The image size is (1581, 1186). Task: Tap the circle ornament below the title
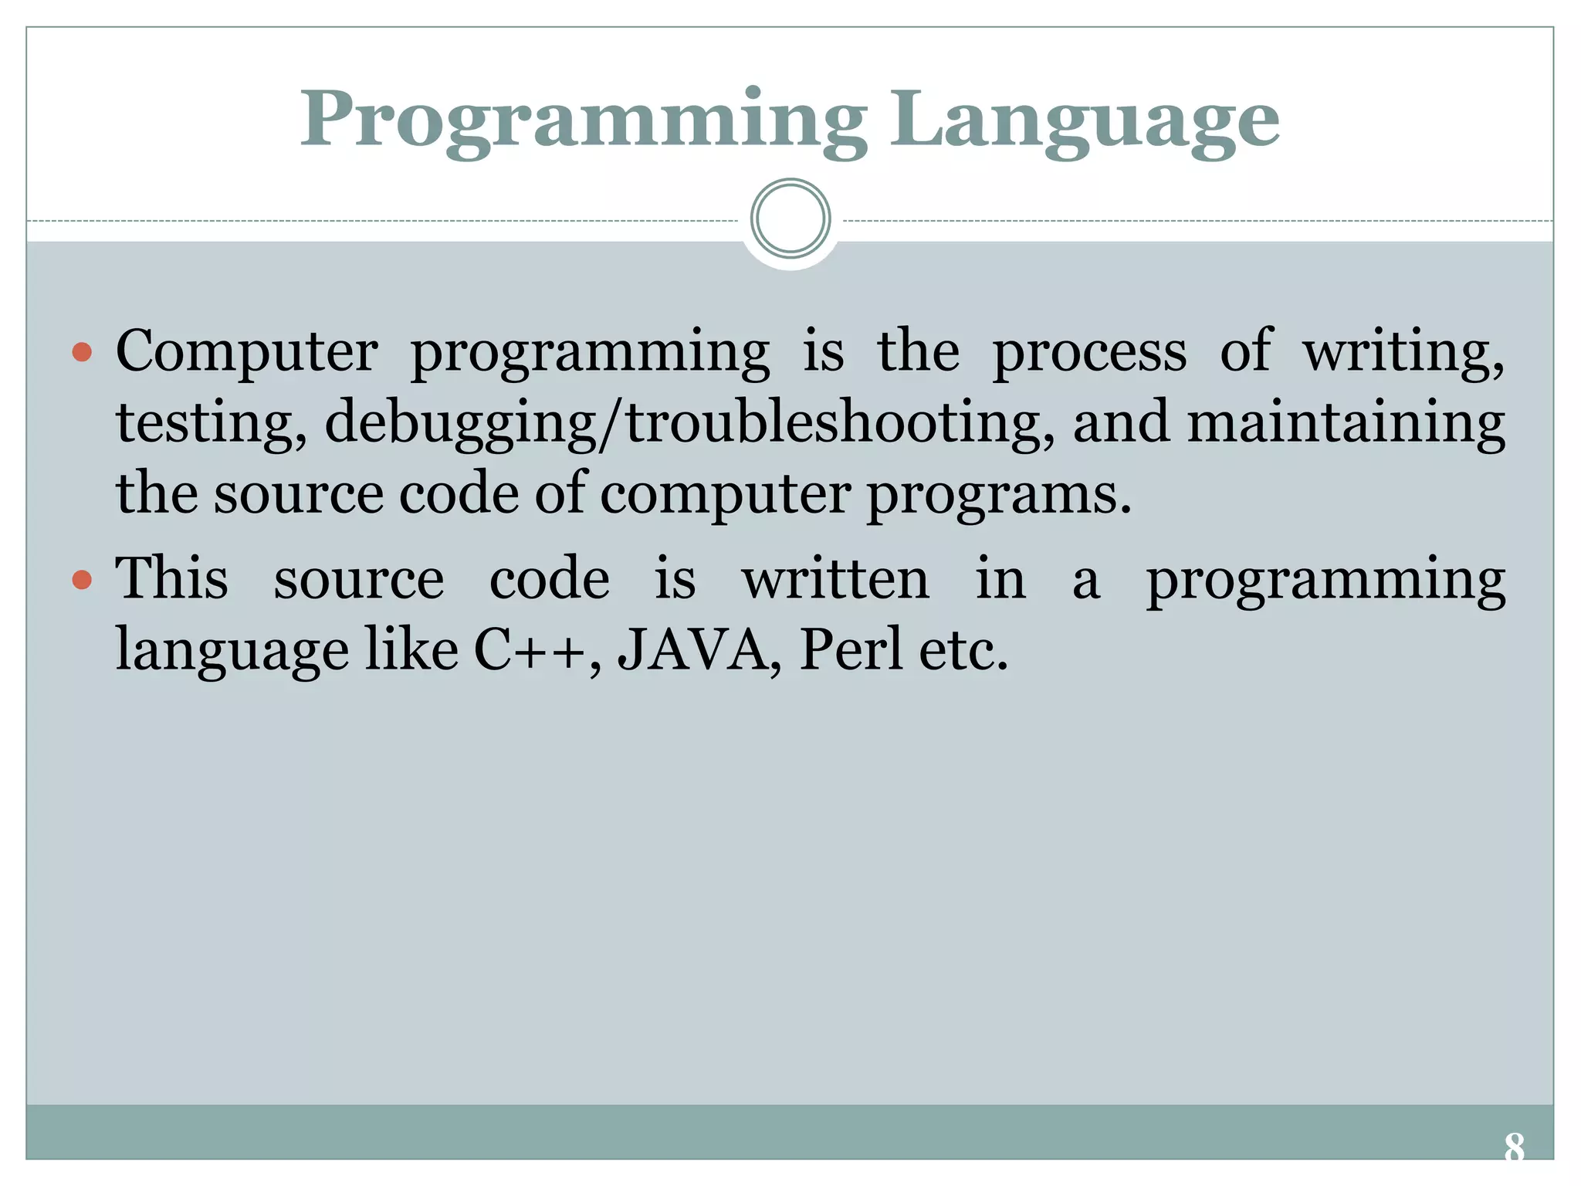point(790,219)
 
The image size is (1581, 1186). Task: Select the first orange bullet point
point(82,354)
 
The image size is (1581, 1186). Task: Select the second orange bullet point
point(82,579)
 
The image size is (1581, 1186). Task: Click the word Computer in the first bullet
point(246,351)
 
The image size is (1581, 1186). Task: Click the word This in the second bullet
point(171,578)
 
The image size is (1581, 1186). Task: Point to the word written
point(835,579)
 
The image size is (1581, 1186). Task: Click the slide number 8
point(1514,1148)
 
